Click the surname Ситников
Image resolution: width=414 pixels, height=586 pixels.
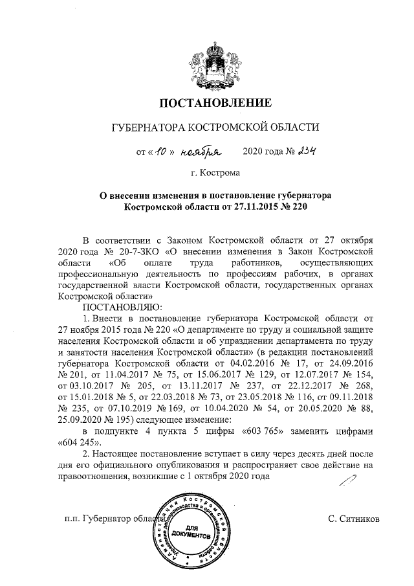point(354,519)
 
